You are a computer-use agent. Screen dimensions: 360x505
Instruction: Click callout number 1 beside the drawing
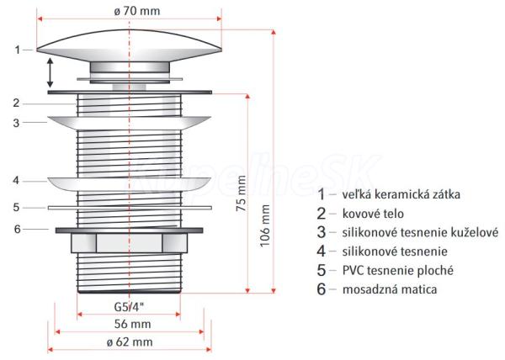18,50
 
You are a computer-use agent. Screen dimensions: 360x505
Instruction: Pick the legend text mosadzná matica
388,289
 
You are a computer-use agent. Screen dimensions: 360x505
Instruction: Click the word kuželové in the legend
474,232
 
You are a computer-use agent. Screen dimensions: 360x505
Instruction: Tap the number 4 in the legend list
320,251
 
